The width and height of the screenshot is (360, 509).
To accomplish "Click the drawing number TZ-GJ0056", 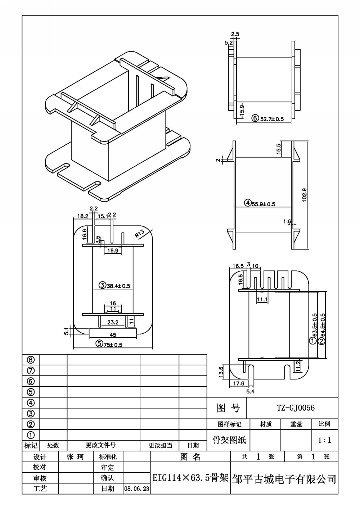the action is [x=296, y=408].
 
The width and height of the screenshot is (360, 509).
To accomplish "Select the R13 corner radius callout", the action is [x=140, y=234].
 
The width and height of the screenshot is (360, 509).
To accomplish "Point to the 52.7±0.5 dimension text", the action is [x=272, y=119].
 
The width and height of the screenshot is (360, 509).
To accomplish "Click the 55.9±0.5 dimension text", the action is [x=263, y=204].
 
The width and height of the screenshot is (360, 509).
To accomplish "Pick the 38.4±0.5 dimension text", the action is [x=118, y=286].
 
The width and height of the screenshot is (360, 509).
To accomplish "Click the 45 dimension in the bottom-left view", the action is [x=113, y=335].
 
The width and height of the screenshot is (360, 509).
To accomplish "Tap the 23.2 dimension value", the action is [x=113, y=322].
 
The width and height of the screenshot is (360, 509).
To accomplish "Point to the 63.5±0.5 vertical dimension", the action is [x=315, y=325].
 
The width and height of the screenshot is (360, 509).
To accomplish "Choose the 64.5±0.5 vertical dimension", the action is [x=323, y=325].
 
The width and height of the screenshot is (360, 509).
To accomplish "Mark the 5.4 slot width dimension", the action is [x=250, y=392].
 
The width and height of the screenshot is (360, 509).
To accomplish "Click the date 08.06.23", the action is [x=136, y=488].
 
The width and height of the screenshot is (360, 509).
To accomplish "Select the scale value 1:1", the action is [x=325, y=440].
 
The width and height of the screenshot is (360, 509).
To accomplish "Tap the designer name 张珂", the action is [x=75, y=457].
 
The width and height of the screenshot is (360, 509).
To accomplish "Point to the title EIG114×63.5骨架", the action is [x=190, y=478].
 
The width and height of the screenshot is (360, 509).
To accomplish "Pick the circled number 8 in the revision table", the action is [x=31, y=360].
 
